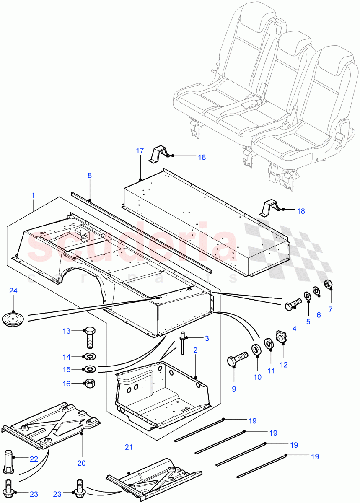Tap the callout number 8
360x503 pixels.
[x=90, y=175]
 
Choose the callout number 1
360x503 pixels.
[x=33, y=195]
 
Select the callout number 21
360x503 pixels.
[x=129, y=447]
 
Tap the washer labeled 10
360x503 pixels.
[x=254, y=349]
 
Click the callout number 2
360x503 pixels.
[x=195, y=349]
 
